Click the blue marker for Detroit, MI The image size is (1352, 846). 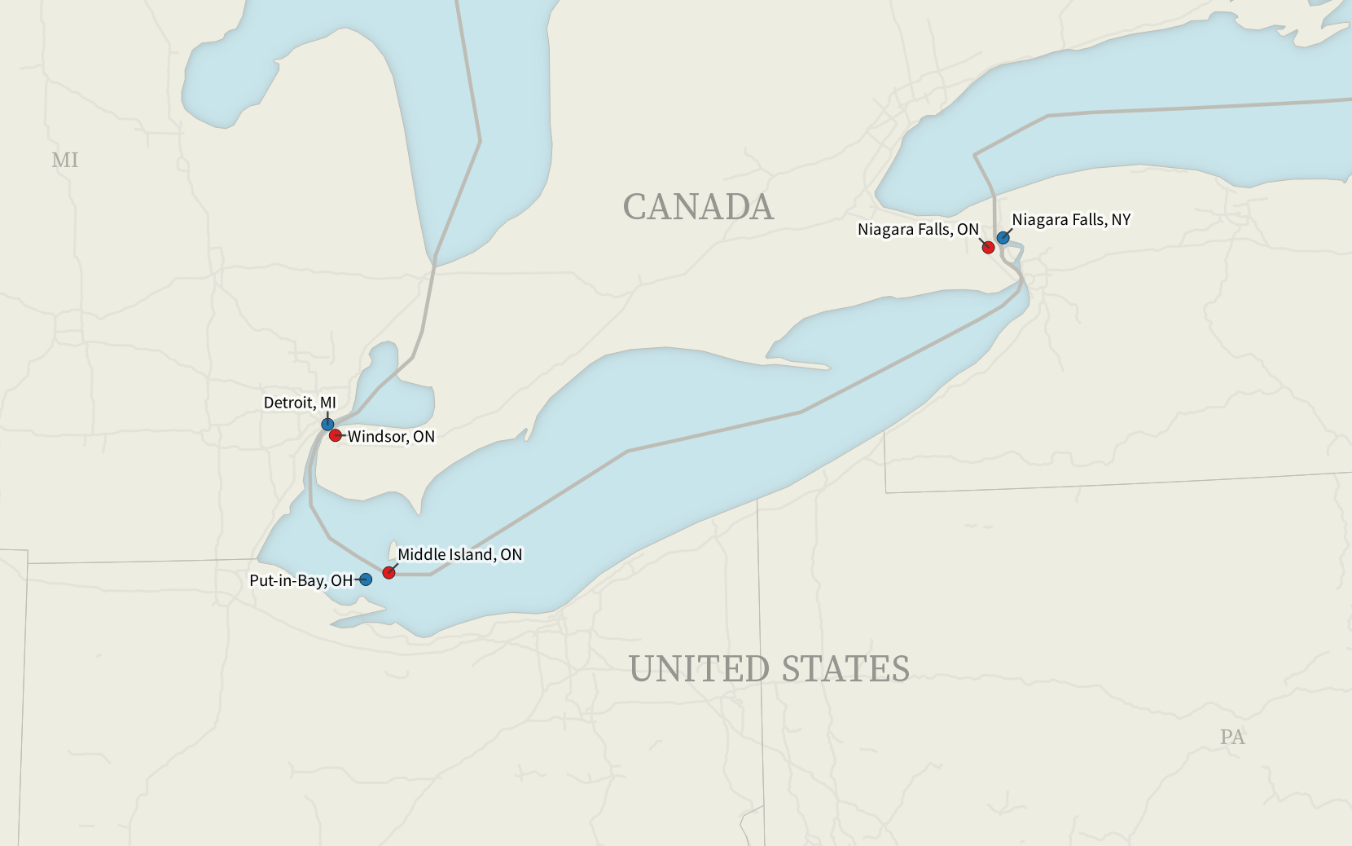pyautogui.click(x=327, y=425)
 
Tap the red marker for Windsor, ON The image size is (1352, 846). pyautogui.click(x=336, y=436)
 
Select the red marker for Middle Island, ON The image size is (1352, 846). pyautogui.click(x=388, y=573)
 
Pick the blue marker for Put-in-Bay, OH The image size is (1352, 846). pyautogui.click(x=366, y=579)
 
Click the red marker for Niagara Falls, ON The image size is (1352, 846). pyautogui.click(x=988, y=248)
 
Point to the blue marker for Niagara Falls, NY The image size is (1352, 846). pyautogui.click(x=1003, y=238)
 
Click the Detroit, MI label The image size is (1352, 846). pyautogui.click(x=300, y=403)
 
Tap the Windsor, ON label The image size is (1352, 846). pyautogui.click(x=391, y=437)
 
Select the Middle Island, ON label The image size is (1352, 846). pyautogui.click(x=459, y=554)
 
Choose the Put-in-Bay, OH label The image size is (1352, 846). pyautogui.click(x=301, y=580)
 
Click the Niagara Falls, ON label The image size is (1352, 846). pyautogui.click(x=918, y=230)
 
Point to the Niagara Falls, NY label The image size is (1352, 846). pyautogui.click(x=1071, y=220)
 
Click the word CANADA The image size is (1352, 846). pyautogui.click(x=698, y=207)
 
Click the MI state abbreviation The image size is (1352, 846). pyautogui.click(x=65, y=160)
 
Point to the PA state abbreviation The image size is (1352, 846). pyautogui.click(x=1232, y=737)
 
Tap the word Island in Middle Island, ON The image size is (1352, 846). pyautogui.click(x=472, y=554)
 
